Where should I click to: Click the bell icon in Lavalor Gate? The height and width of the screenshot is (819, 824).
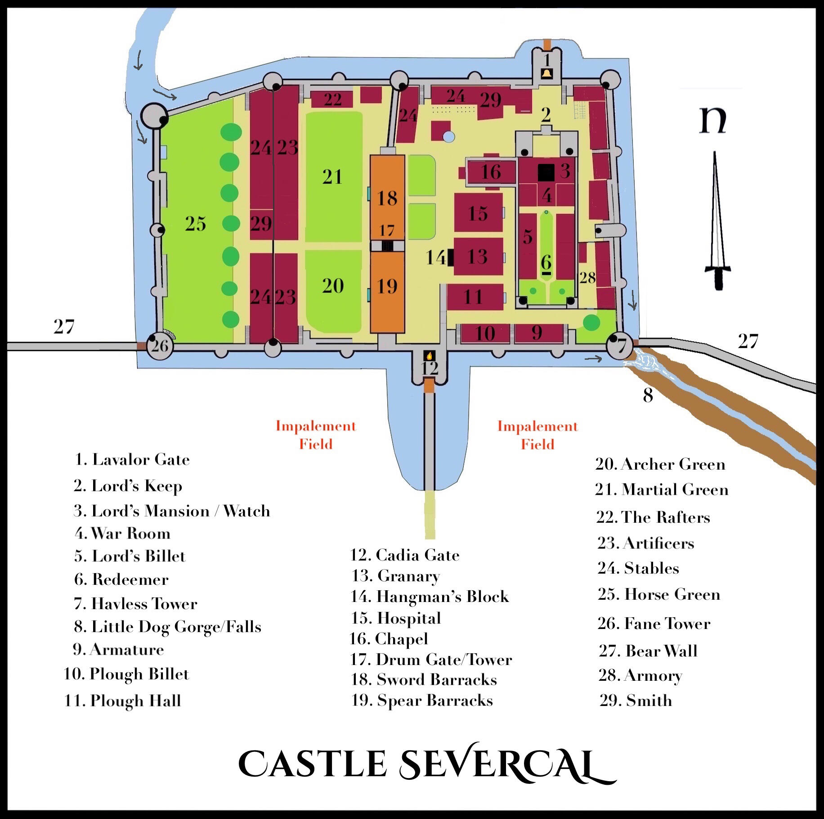click(x=546, y=74)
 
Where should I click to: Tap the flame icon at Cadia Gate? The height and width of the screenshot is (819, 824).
click(x=429, y=355)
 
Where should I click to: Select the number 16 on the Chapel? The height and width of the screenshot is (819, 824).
click(x=491, y=172)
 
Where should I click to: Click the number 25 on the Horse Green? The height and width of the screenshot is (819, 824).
click(x=196, y=224)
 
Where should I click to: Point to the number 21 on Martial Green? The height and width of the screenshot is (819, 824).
click(x=332, y=177)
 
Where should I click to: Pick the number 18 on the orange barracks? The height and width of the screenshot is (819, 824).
click(x=387, y=198)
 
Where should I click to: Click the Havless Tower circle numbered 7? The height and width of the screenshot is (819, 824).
click(x=620, y=345)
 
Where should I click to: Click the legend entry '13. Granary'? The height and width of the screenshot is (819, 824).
click(x=395, y=576)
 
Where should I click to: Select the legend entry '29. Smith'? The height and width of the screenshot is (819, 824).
click(x=636, y=701)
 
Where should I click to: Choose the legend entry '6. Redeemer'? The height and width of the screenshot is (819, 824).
click(x=121, y=579)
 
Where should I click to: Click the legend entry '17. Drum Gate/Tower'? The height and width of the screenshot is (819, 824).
click(x=431, y=660)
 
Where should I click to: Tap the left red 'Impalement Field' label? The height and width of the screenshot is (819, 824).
click(x=316, y=435)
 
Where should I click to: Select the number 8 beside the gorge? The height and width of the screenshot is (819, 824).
click(x=648, y=395)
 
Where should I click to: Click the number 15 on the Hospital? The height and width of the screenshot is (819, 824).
click(x=478, y=214)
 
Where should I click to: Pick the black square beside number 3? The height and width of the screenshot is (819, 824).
click(x=546, y=172)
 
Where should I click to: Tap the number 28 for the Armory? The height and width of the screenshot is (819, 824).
click(x=587, y=278)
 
